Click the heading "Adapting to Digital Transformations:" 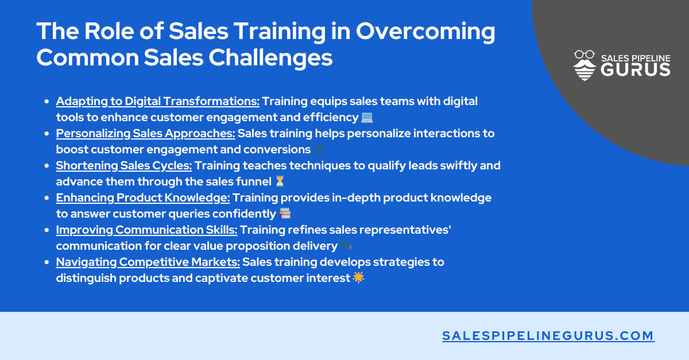157,102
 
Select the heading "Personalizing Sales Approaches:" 145,134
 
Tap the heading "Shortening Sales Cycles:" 124,166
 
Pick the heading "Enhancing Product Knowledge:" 143,198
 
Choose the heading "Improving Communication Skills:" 146,230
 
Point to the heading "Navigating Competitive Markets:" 148,262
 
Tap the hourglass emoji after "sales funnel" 280,182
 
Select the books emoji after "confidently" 285,214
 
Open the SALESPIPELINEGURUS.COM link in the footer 548,336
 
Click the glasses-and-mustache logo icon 585,65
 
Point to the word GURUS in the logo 635,70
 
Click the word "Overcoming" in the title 425,32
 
